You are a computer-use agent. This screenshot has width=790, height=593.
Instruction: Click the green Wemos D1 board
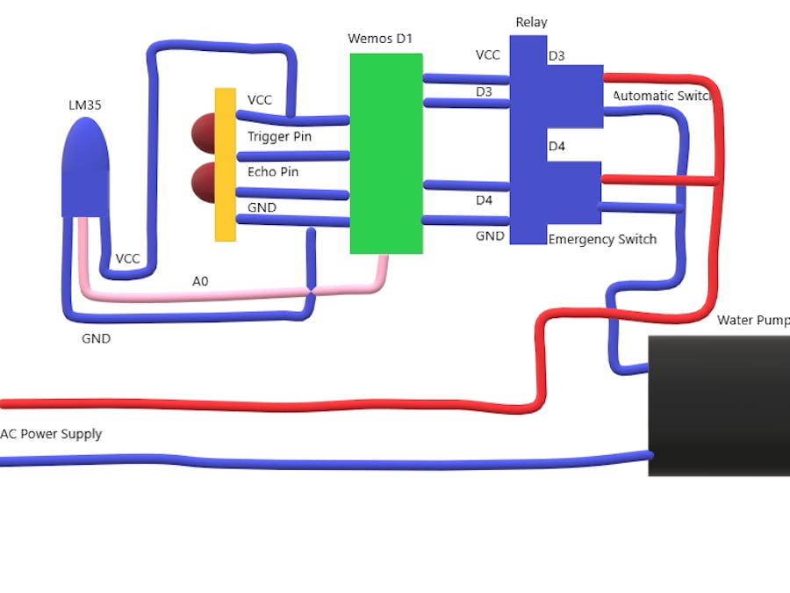386,154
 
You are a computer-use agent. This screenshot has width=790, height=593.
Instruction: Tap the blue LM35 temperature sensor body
85,167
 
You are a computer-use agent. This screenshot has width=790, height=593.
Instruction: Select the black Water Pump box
718,406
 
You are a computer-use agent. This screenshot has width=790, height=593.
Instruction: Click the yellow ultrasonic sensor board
225,164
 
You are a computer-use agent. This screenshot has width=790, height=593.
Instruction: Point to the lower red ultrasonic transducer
204,182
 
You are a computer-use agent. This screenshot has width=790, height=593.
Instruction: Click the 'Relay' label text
531,22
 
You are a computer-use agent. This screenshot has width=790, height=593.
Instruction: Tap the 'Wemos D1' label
380,39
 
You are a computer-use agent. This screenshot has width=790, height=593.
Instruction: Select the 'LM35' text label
85,105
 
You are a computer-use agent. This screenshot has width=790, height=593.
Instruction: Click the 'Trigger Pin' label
279,136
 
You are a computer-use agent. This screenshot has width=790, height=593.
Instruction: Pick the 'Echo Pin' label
273,171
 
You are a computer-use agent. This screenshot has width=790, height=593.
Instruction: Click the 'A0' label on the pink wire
200,281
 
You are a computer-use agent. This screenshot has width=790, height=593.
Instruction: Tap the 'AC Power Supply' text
51,434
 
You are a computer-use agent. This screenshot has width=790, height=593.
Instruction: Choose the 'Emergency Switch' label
602,239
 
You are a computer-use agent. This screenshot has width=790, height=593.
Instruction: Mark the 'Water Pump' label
752,320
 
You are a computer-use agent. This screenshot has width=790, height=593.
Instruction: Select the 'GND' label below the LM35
97,338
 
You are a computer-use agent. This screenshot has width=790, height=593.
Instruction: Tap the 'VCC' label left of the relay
488,54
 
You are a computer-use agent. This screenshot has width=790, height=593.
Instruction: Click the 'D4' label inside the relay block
557,146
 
